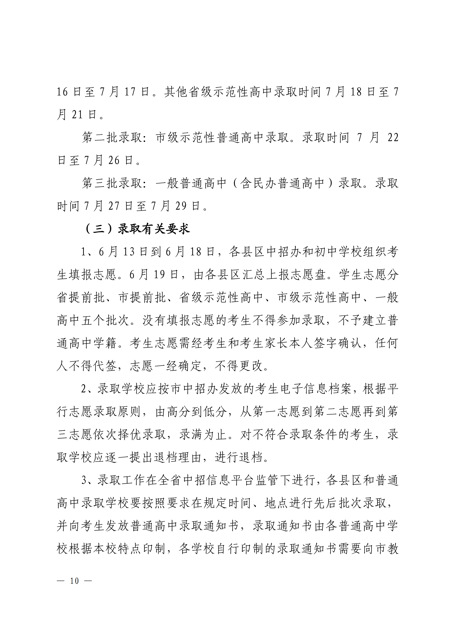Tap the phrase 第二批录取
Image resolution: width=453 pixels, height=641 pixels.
tap(112, 138)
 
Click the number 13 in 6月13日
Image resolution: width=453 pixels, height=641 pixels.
tap(129, 252)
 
